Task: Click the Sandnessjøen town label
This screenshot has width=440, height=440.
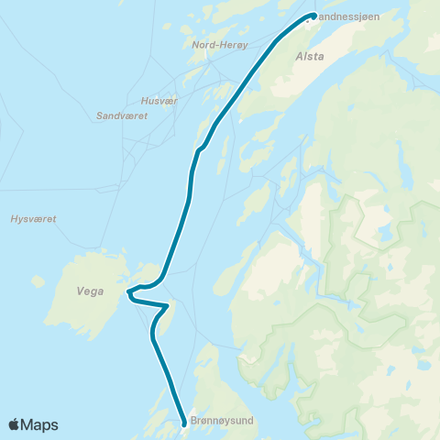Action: click(347, 16)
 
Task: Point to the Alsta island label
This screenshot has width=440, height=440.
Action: click(309, 56)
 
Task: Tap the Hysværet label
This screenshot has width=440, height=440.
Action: click(33, 220)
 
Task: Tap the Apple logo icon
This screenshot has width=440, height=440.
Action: click(14, 424)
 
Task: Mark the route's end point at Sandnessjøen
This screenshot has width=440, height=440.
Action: click(313, 15)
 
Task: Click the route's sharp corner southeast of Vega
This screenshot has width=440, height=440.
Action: click(169, 305)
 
